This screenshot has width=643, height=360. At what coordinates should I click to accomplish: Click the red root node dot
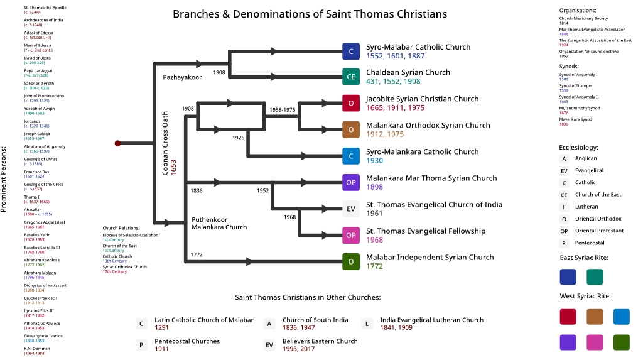tap(117, 143)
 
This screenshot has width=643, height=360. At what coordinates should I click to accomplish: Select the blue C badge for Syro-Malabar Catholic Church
tap(351, 52)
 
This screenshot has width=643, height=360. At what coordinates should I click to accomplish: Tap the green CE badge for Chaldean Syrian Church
tap(351, 77)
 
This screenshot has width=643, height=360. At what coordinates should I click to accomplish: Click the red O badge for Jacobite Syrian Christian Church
tap(351, 103)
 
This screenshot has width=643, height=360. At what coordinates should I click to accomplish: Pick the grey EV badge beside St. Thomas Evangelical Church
tap(351, 209)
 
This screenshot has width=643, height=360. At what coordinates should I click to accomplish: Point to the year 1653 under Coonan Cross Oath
tap(173, 167)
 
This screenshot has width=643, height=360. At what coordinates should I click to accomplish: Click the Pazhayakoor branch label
tap(182, 77)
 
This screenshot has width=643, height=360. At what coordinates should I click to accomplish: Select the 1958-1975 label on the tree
tap(282, 110)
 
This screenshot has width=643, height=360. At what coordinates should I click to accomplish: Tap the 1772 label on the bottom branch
tap(197, 254)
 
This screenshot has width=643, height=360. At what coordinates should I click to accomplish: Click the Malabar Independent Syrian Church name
tap(430, 257)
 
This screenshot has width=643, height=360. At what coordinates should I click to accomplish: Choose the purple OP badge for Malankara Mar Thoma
tap(351, 182)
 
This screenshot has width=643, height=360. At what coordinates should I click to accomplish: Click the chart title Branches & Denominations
tap(310, 14)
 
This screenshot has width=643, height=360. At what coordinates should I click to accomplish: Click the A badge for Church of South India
tap(269, 324)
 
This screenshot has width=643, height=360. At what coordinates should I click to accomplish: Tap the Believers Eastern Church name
tap(320, 341)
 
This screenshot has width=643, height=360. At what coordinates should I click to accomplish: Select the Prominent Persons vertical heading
tap(4, 179)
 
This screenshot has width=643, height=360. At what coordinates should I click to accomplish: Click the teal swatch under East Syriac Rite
tap(595, 276)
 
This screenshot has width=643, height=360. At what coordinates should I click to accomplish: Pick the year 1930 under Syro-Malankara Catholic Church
tap(375, 161)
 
